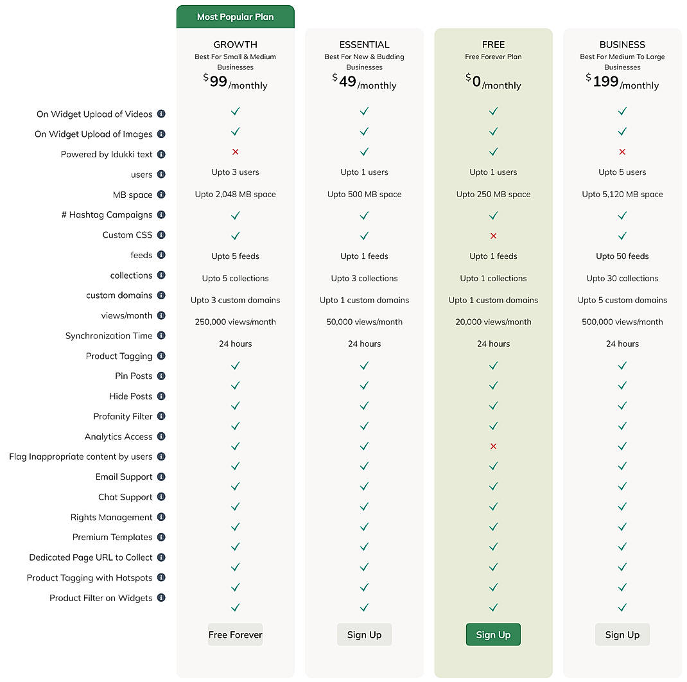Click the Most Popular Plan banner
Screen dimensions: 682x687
pyautogui.click(x=235, y=17)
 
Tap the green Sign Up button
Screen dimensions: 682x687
pyautogui.click(x=493, y=634)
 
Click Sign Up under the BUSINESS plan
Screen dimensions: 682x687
pyautogui.click(x=622, y=634)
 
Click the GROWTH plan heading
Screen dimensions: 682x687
pyautogui.click(x=235, y=44)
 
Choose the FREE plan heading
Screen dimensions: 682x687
pyautogui.click(x=493, y=44)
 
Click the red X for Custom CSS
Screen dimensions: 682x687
pyautogui.click(x=493, y=236)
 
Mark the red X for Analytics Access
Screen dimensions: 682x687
pyautogui.click(x=493, y=446)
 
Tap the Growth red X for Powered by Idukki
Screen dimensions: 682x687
pyautogui.click(x=235, y=152)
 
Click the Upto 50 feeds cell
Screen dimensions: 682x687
pyautogui.click(x=622, y=256)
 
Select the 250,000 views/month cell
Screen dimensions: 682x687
pyautogui.click(x=235, y=322)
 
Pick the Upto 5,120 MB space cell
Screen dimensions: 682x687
pyautogui.click(x=622, y=194)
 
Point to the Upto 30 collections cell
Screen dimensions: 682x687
pyautogui.click(x=622, y=278)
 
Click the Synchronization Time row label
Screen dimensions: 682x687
pyautogui.click(x=109, y=336)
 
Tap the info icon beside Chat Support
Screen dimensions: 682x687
pyautogui.click(x=161, y=496)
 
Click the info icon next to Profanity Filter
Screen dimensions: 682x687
pyautogui.click(x=161, y=416)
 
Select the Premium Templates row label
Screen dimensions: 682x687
pyautogui.click(x=112, y=538)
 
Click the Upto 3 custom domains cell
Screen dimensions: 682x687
pyautogui.click(x=235, y=300)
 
